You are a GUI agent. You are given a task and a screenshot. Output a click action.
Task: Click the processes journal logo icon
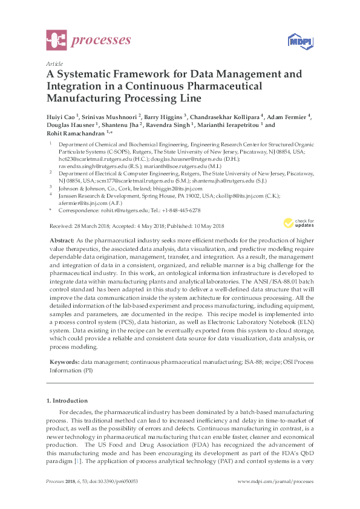click(x=57, y=41)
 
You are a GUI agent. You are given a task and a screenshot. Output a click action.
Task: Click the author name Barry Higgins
click(x=166, y=116)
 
